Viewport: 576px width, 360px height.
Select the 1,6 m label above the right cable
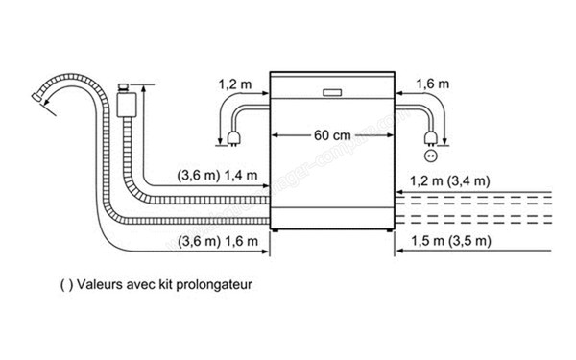(x=434, y=84)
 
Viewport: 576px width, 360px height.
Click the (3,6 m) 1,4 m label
(x=218, y=176)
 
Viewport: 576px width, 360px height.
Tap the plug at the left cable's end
(x=231, y=144)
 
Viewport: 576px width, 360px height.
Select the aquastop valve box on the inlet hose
(x=123, y=102)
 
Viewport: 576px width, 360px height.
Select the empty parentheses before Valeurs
(x=64, y=285)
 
